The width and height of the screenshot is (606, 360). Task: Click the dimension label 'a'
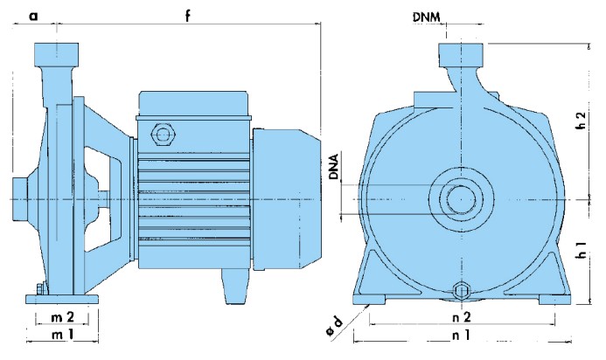tap(33, 15)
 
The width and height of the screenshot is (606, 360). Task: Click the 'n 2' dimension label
tap(460, 315)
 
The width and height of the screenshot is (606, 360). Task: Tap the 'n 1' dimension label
tap(460, 335)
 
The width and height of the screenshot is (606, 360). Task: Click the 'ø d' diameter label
tap(340, 333)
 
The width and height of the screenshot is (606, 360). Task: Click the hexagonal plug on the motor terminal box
tap(163, 135)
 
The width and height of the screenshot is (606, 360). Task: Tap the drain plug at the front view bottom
tap(461, 292)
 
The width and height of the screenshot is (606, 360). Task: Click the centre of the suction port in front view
tap(460, 198)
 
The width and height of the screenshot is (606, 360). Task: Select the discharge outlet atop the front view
tap(460, 56)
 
